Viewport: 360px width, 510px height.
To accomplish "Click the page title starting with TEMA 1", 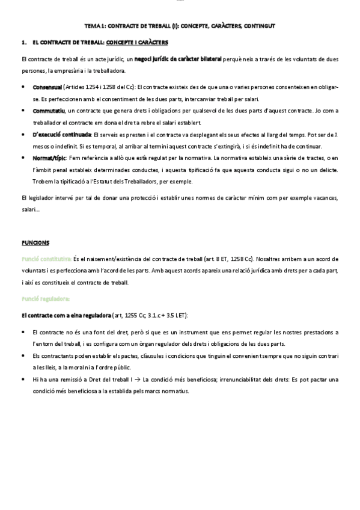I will [180, 26].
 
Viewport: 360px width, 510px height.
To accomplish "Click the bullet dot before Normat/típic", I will [23, 158].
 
